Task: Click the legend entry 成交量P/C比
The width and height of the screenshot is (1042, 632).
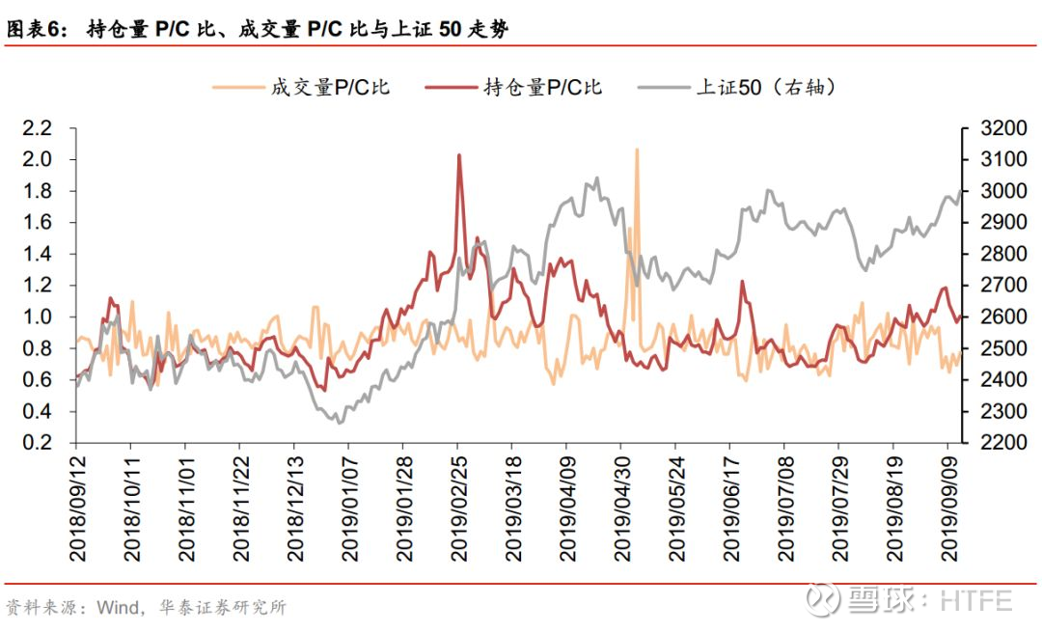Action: [x=302, y=87]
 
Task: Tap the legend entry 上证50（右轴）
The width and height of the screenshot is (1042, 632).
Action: [x=737, y=87]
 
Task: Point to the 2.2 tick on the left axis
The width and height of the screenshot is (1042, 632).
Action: [x=38, y=127]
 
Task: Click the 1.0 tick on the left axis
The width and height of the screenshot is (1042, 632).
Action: [x=38, y=316]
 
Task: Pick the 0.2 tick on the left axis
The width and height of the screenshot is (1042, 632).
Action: [x=38, y=442]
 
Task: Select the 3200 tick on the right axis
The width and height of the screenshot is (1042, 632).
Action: [x=1003, y=127]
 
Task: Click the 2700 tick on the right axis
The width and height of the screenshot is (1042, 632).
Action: [x=1003, y=285]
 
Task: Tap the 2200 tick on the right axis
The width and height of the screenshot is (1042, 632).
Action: [x=1003, y=442]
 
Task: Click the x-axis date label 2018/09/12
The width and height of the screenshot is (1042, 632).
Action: [x=78, y=508]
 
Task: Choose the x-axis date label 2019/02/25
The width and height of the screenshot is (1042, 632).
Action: [x=459, y=508]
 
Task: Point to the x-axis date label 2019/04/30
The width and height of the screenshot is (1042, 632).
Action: [x=622, y=508]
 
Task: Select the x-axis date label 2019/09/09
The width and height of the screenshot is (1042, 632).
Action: [x=949, y=508]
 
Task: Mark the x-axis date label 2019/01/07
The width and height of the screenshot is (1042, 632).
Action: [x=350, y=508]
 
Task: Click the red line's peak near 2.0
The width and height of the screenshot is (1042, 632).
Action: [x=459, y=155]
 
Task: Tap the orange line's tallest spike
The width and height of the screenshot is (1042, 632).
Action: [x=637, y=150]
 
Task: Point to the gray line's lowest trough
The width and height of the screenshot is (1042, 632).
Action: [x=341, y=422]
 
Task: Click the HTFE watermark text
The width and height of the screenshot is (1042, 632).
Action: [x=976, y=601]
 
